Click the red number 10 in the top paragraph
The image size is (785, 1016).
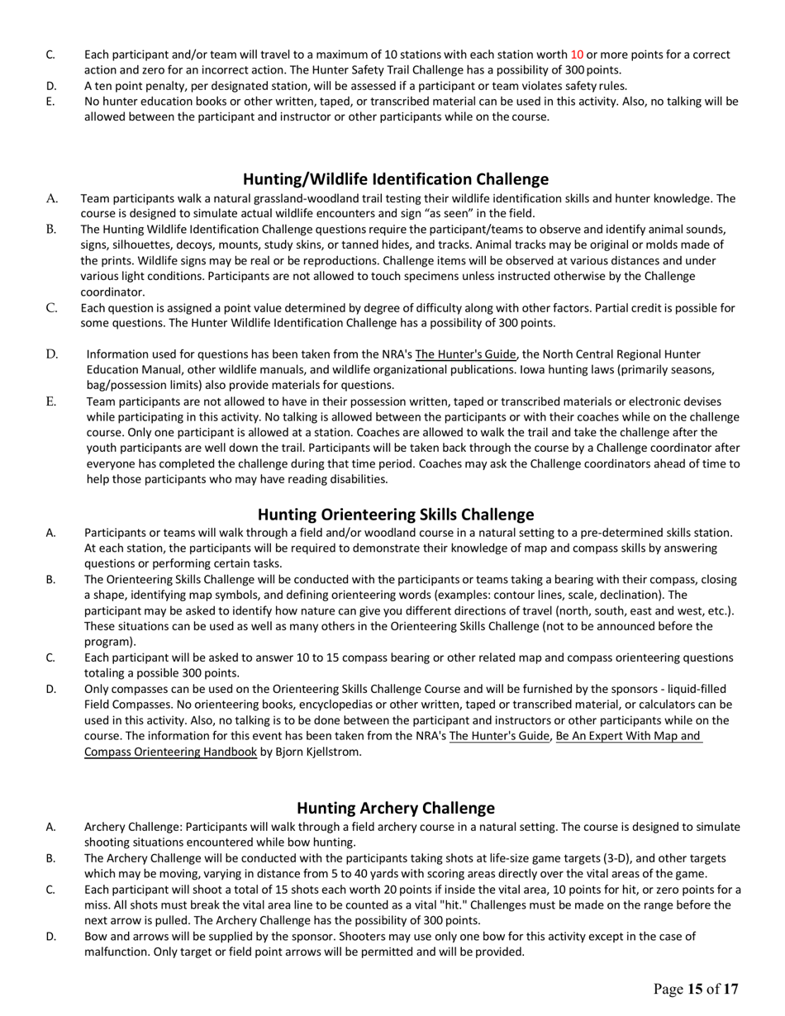[x=577, y=55]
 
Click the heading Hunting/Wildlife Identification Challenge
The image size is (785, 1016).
[x=395, y=179]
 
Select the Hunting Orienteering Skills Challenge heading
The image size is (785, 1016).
[x=395, y=515]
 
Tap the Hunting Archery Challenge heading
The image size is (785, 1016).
[x=395, y=808]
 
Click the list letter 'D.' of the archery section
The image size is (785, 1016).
[x=51, y=937]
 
